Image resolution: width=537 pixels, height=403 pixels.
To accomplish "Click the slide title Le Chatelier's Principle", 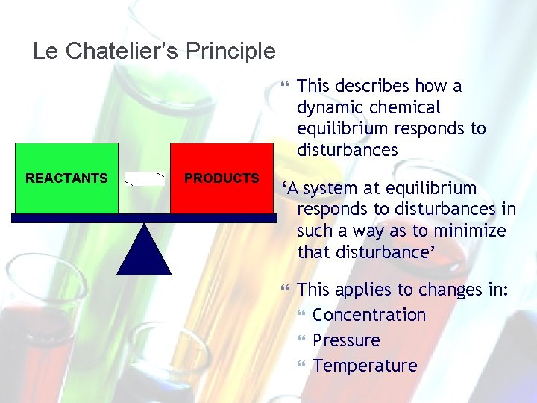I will [x=154, y=51].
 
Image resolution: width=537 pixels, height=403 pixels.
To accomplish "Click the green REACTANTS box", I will [x=66, y=178].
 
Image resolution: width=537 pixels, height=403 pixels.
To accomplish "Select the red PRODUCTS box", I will [x=222, y=178].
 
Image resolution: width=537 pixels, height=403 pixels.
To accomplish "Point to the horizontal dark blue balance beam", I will [x=144, y=219].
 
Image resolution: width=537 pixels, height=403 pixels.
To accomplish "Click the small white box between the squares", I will [x=144, y=178].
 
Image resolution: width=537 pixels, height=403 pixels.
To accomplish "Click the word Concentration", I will [x=369, y=315].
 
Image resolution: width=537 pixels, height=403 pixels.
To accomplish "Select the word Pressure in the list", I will [x=346, y=340].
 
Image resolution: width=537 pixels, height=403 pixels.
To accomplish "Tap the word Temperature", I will [x=365, y=366].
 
